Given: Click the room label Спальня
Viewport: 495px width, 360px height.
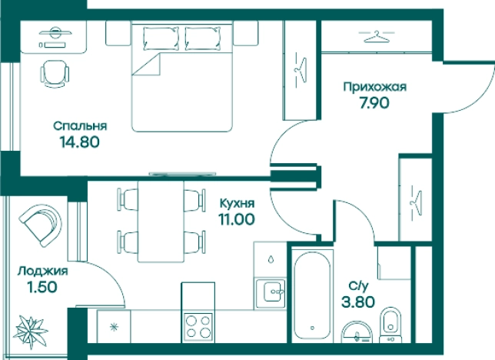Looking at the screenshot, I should [80, 126].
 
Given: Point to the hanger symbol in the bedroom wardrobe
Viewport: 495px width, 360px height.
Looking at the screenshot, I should [299, 69].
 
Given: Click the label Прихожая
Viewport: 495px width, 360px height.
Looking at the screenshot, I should [374, 87].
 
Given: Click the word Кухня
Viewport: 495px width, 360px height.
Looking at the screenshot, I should [237, 203].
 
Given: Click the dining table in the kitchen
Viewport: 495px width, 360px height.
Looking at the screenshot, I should [161, 219].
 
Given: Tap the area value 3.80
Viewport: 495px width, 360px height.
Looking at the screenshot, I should [360, 302].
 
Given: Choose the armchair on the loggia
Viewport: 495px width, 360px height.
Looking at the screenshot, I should [39, 225].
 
